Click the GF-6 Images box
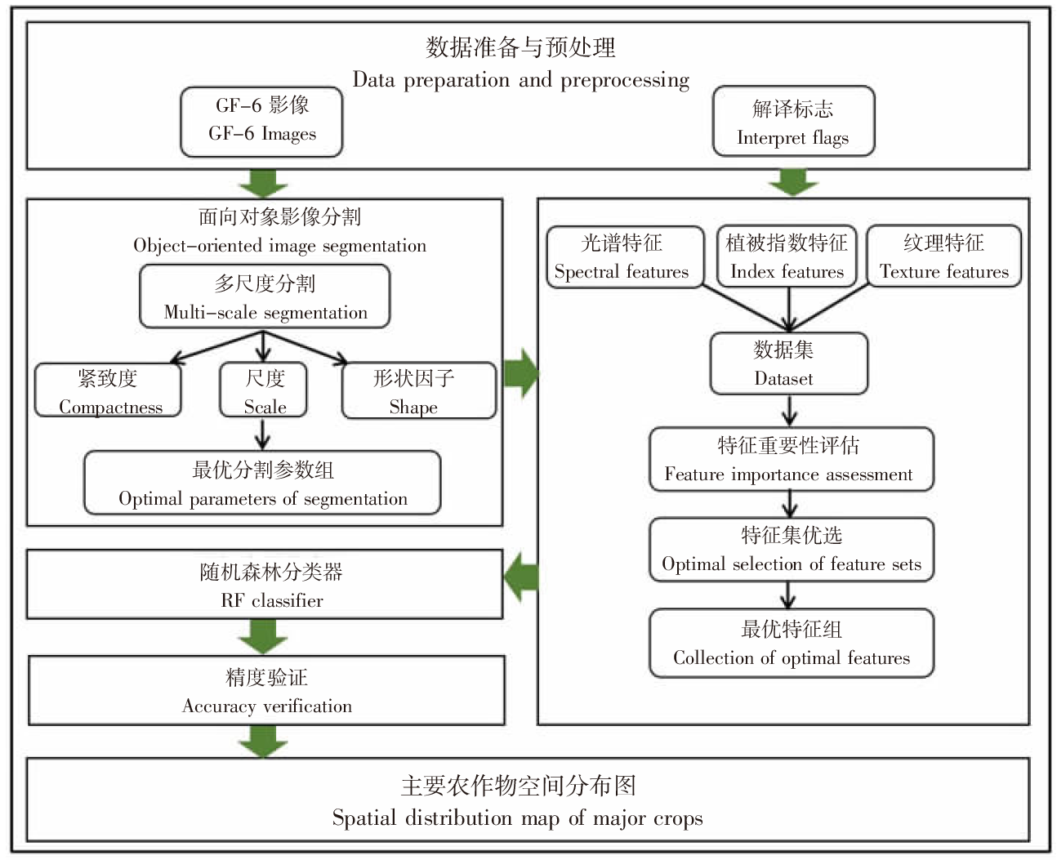[261, 121]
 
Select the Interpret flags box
[793, 122]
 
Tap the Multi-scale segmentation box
[265, 298]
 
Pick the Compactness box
[108, 391]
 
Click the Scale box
[264, 391]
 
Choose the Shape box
[418, 391]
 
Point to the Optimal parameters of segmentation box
[262, 483]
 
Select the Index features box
[787, 256]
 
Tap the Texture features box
[943, 256]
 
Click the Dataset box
[788, 363]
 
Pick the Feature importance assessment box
[791, 459]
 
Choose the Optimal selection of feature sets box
[791, 550]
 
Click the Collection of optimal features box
[791, 644]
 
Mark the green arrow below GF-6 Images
[263, 183]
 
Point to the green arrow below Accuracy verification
[263, 740]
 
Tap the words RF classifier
[272, 601]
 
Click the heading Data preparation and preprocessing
[520, 80]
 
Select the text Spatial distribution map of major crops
[517, 818]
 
